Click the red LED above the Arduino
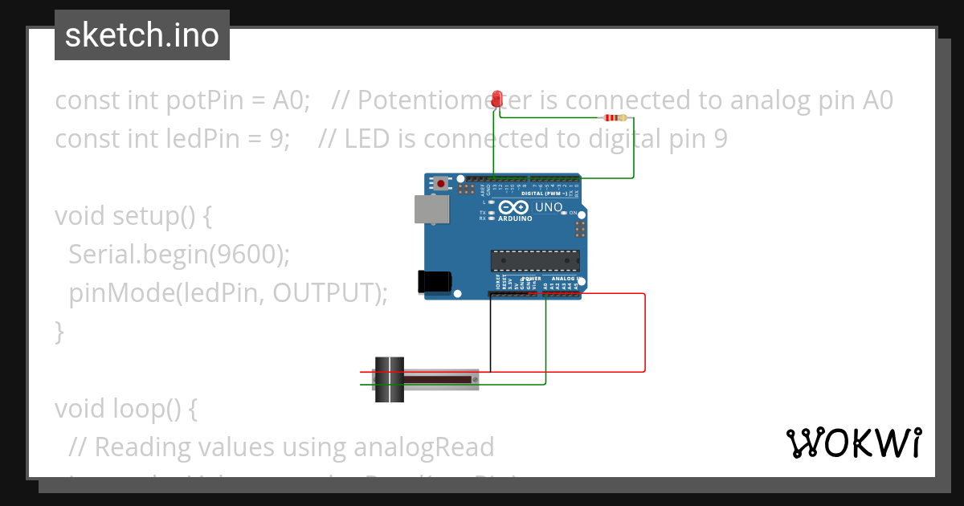[497, 100]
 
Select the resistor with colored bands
[615, 118]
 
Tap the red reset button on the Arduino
[441, 183]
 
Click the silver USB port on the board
[432, 209]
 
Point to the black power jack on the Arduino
[434, 282]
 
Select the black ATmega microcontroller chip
[535, 261]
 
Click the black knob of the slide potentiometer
[390, 379]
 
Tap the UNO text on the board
[549, 207]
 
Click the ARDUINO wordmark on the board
[515, 218]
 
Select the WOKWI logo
[853, 443]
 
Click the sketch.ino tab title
[142, 35]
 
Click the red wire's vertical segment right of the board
[645, 333]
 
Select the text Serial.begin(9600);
[178, 255]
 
